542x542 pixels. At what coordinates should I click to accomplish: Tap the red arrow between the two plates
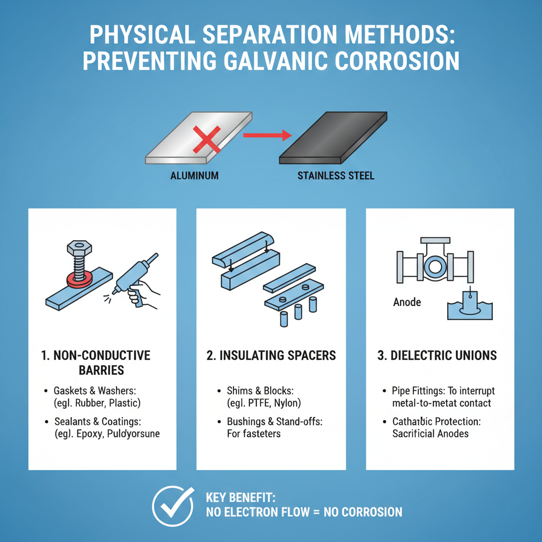267,136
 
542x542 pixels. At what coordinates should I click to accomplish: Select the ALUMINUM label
194,176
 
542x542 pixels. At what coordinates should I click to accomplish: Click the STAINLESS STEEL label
336,176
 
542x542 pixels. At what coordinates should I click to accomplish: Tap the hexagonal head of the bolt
79,248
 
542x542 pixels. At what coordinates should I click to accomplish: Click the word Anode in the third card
407,302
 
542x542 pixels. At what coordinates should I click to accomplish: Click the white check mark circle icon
173,505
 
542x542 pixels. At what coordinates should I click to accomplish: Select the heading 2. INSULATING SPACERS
271,355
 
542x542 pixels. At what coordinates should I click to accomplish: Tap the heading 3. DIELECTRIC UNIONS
437,355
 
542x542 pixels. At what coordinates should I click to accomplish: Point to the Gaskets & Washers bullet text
95,391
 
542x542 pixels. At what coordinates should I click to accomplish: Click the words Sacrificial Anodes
430,433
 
